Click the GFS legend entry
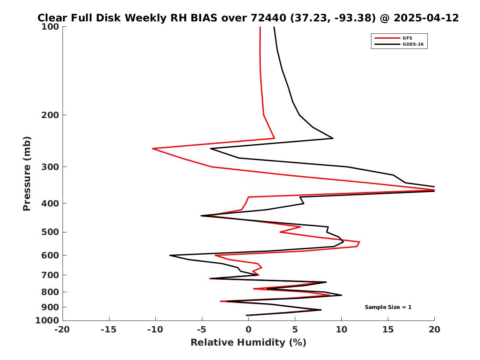(407, 38)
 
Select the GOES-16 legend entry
(413, 44)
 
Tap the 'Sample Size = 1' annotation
(388, 307)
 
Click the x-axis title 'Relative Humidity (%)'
(248, 342)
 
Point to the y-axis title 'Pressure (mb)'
(27, 174)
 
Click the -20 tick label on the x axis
(63, 330)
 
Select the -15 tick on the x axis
(109, 330)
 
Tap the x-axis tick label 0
(248, 330)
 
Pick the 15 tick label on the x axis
(388, 330)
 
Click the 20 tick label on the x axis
(434, 330)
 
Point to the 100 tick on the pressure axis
(51, 27)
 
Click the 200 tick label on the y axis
(51, 115)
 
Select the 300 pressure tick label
(51, 167)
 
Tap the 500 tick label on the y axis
(51, 232)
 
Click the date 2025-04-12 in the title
(426, 18)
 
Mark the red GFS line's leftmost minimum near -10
(153, 149)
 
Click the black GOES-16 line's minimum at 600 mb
(170, 255)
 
